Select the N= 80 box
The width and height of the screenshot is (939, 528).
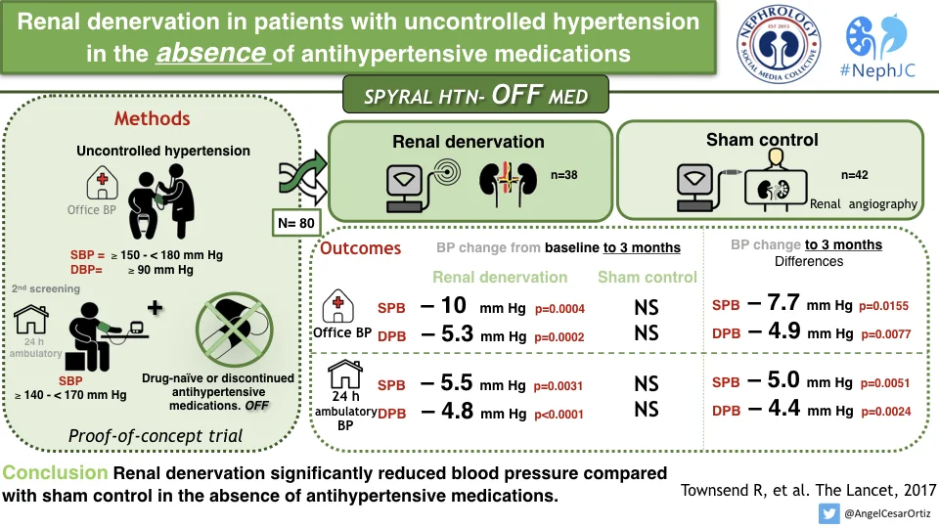[294, 223]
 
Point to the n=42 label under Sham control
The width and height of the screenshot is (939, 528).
[855, 176]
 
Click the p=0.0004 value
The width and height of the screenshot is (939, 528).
[559, 310]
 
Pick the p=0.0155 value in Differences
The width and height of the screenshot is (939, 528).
[884, 307]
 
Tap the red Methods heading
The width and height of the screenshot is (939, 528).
[152, 119]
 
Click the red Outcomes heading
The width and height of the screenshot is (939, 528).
[361, 248]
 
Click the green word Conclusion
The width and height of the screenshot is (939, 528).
[55, 474]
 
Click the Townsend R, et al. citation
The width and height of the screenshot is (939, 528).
[809, 489]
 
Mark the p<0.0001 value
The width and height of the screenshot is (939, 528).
[559, 415]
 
